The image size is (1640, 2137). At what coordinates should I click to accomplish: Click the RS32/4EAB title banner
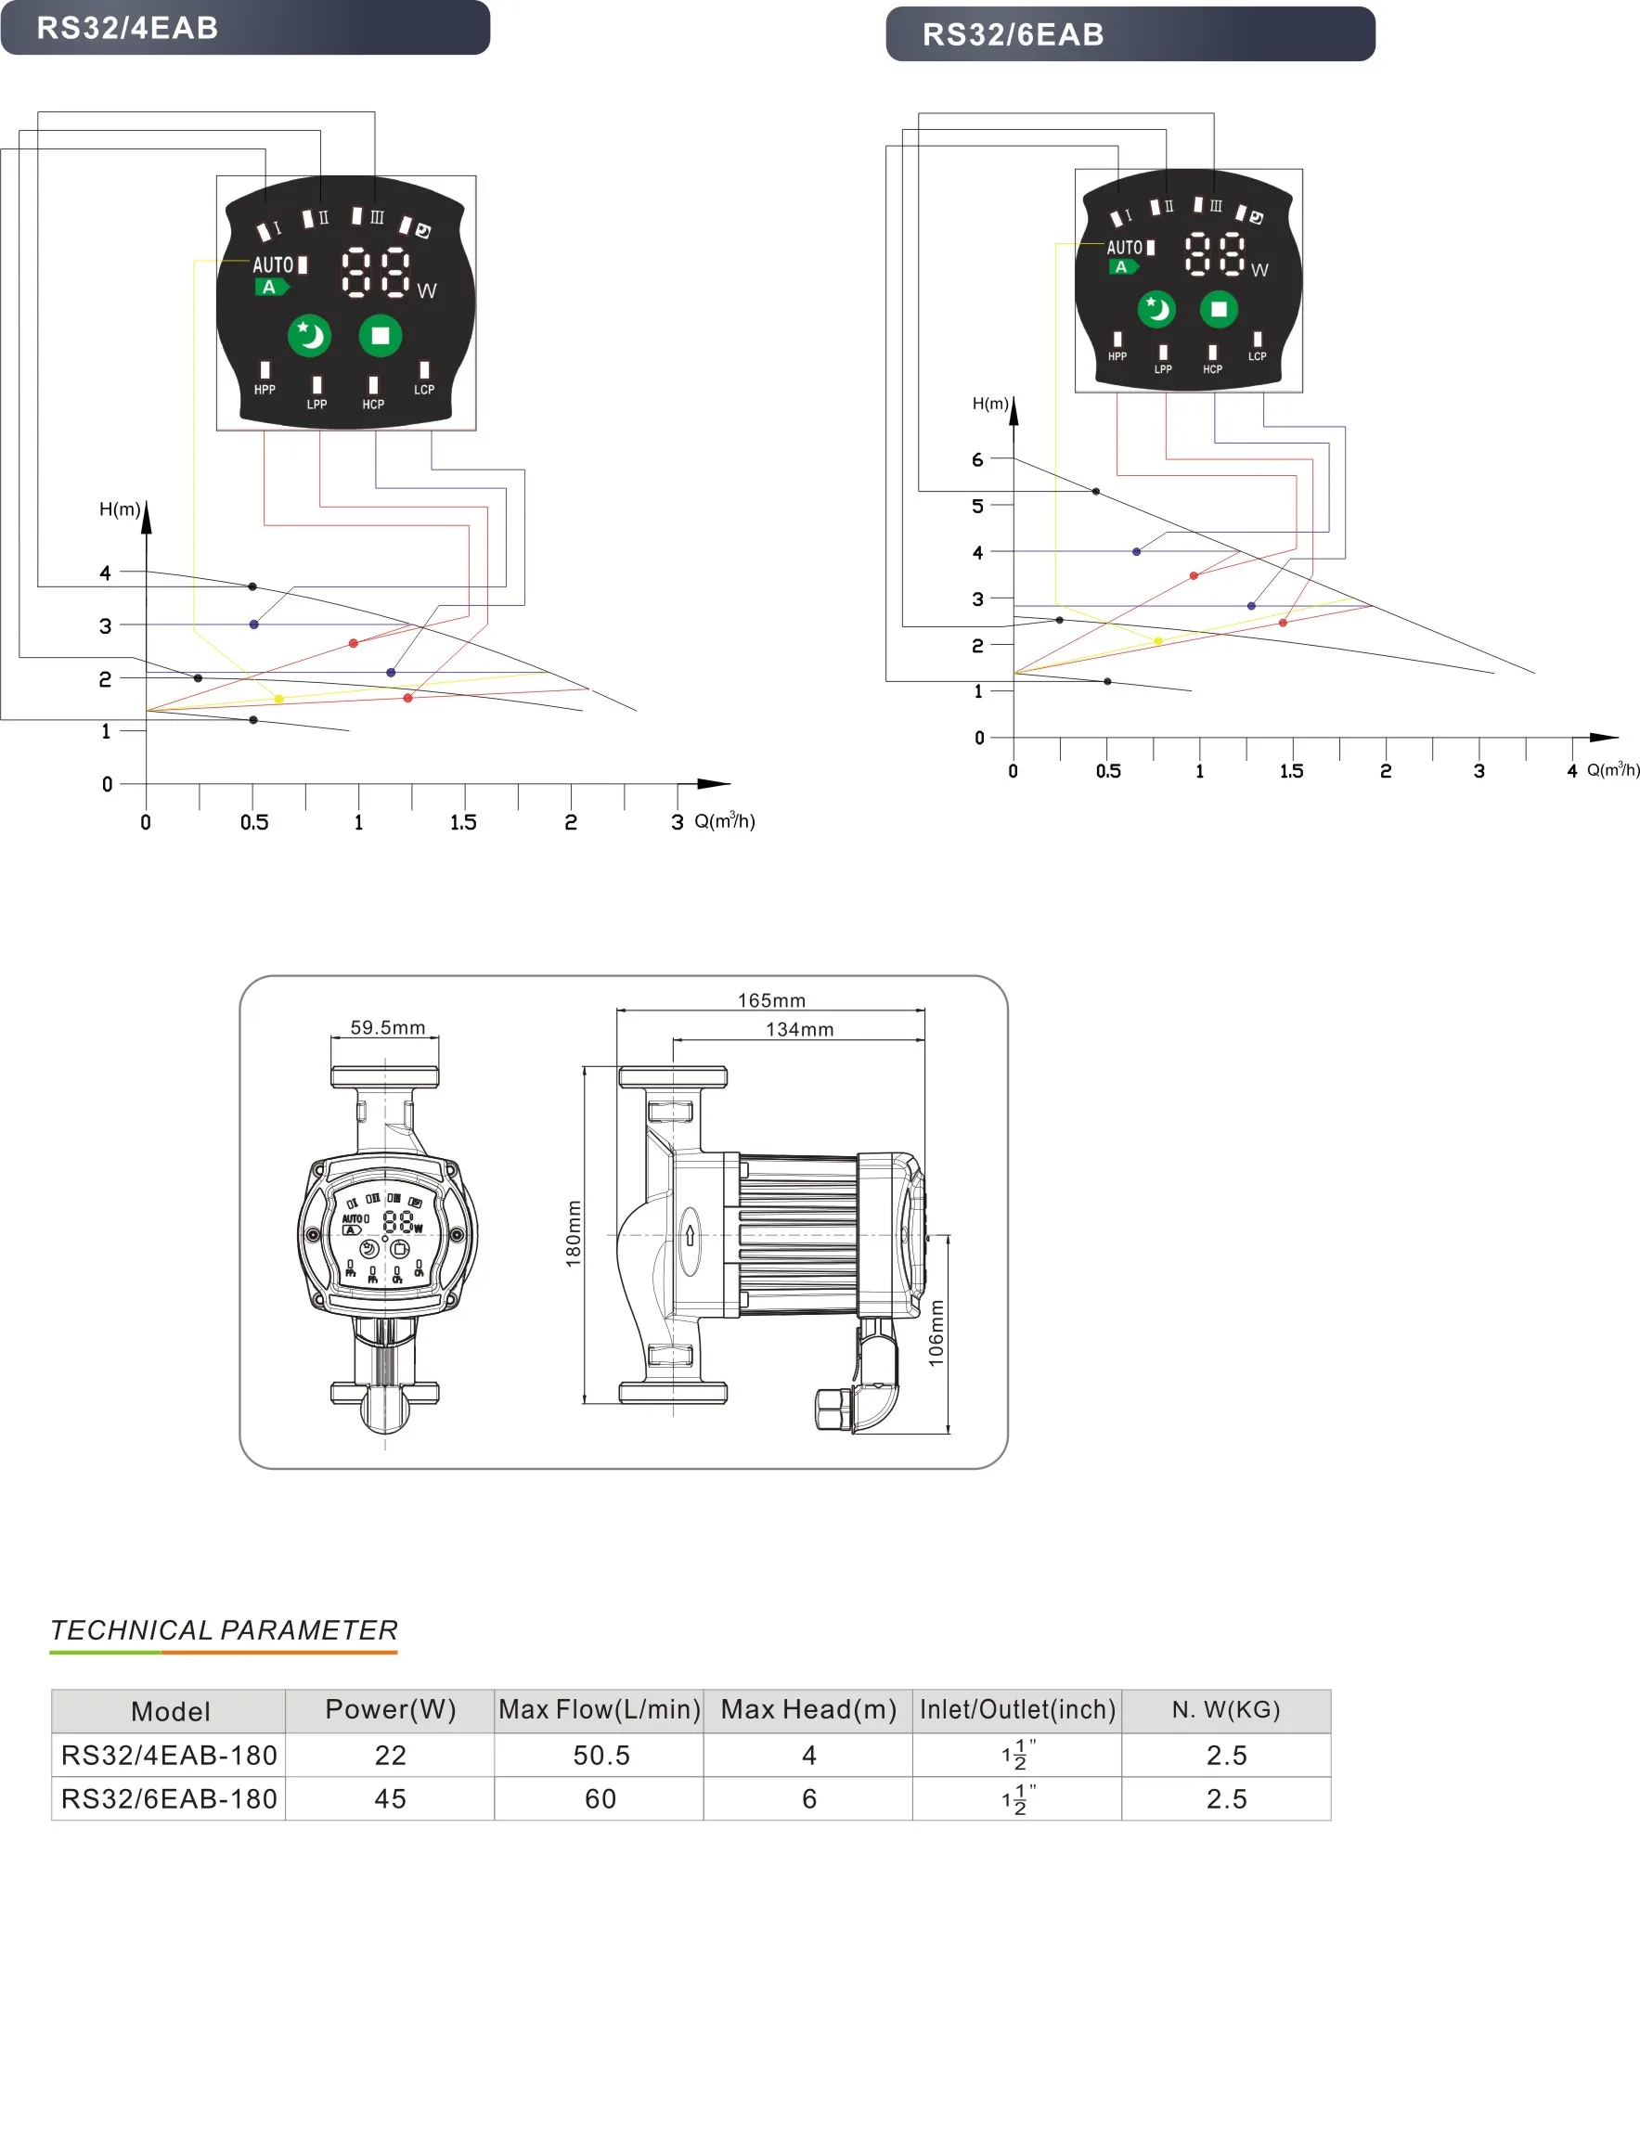tap(244, 27)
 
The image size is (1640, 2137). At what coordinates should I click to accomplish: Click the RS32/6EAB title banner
tap(1130, 34)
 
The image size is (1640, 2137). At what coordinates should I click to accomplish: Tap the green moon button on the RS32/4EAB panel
tap(309, 336)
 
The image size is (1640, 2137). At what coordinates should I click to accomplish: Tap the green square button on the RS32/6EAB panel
tap(1219, 309)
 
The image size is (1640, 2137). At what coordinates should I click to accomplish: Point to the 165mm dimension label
tap(771, 1000)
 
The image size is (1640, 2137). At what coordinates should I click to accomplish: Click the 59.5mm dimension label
tap(388, 1027)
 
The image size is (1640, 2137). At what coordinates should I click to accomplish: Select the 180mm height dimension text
tap(573, 1233)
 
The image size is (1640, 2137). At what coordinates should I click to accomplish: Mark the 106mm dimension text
tap(936, 1332)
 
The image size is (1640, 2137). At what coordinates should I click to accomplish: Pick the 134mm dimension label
tap(799, 1029)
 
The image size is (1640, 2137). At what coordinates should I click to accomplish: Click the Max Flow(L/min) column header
tap(600, 1709)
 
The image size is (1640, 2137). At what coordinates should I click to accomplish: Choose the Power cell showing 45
tap(391, 1798)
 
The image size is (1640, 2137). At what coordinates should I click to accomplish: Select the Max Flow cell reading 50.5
tap(601, 1756)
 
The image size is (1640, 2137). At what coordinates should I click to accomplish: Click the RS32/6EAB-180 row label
tap(169, 1798)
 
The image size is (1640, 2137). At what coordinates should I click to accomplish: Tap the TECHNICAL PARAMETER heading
tap(224, 1630)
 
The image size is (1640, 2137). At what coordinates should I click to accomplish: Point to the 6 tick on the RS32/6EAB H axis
tap(977, 459)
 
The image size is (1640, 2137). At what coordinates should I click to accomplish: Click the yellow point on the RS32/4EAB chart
tap(279, 699)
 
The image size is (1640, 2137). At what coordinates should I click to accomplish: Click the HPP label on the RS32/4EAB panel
tap(265, 390)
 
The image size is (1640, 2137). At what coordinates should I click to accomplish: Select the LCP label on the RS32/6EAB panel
tap(1257, 356)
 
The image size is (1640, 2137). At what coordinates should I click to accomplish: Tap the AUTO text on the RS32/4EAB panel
tap(272, 264)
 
